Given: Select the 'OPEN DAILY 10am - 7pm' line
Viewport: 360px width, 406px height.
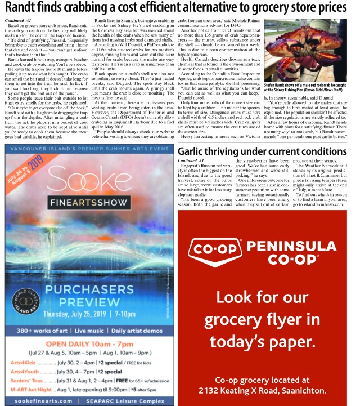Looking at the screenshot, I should pos(88,344).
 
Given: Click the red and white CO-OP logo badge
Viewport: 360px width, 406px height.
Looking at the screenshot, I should pos(215,264).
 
